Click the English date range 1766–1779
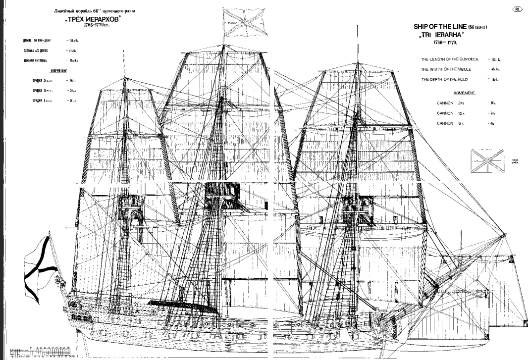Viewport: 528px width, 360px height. click(434, 43)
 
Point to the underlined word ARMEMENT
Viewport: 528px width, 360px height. click(464, 93)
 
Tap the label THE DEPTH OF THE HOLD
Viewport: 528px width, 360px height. click(444, 79)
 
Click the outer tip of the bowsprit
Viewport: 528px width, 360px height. click(505, 235)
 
